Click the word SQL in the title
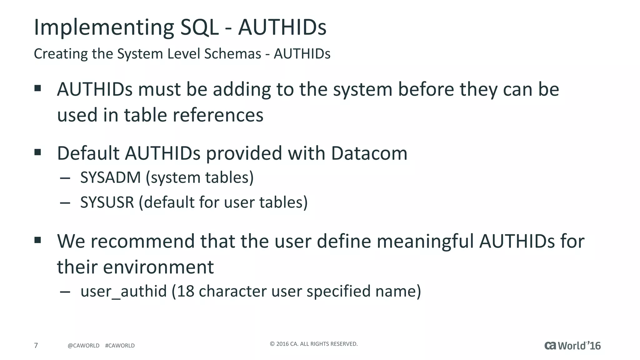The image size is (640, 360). pos(199,27)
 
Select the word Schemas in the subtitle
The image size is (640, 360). pos(232,54)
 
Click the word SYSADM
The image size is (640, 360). pos(111,177)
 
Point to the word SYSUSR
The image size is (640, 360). pos(107,202)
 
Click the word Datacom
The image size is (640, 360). pos(369,153)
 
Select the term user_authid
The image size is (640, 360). pos(123,291)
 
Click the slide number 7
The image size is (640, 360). pos(36,345)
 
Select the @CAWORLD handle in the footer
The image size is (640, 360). pos(83,346)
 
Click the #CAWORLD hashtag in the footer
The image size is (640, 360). pos(120,346)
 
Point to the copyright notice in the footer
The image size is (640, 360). pos(313,344)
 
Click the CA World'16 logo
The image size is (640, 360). pos(572,346)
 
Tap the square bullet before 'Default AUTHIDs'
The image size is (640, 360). pos(38,152)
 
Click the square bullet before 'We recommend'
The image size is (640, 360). pos(38,240)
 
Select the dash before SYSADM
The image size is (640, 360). pos(65,178)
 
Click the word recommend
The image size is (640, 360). pos(143,241)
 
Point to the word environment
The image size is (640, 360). pos(158,267)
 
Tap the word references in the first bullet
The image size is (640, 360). pos(218,115)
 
